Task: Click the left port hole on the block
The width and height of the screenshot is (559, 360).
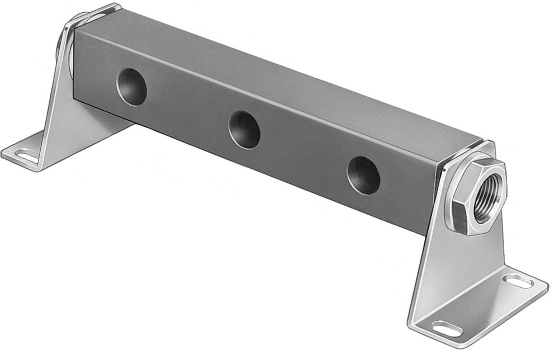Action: pyautogui.click(x=131, y=87)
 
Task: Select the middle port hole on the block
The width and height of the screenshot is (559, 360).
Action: pyautogui.click(x=244, y=129)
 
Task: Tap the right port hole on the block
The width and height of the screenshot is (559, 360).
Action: pyautogui.click(x=363, y=175)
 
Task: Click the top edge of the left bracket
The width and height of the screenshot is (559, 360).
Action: pyautogui.click(x=95, y=14)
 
